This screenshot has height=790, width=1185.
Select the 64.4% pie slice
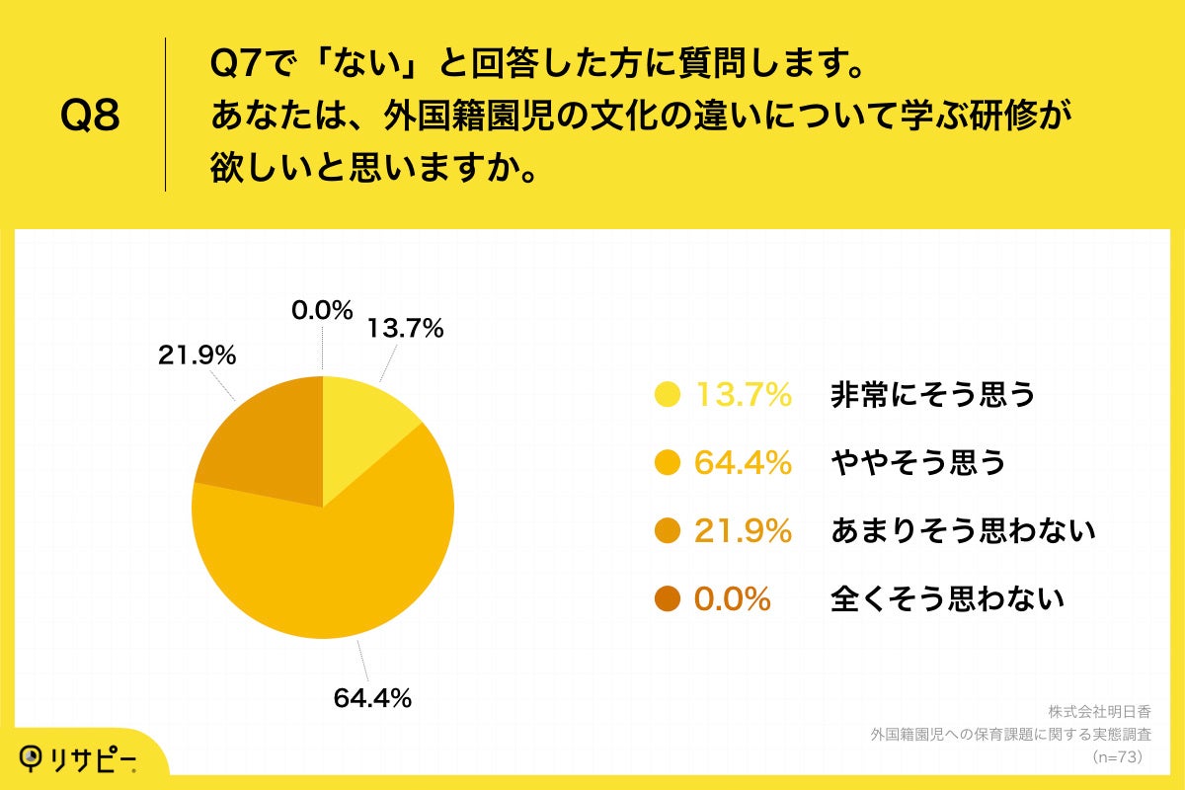coord(336,573)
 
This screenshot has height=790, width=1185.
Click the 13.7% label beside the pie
coord(405,329)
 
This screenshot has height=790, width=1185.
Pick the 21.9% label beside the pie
coord(197,356)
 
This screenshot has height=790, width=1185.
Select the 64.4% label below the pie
coord(371,698)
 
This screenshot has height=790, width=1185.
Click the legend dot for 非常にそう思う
coord(669,395)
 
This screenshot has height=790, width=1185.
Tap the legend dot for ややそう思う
coord(669,463)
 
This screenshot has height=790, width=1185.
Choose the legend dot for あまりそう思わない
coord(669,531)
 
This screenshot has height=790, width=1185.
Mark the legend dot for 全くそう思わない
coord(669,598)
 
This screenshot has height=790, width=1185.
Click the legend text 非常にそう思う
coord(933,395)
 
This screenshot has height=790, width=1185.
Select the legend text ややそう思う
coord(918,463)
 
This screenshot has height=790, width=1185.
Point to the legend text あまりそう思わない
coord(964,531)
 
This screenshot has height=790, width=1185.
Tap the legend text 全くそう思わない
coord(948,598)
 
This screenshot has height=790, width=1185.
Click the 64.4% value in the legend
coord(744,463)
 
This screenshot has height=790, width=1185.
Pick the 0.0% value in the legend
coord(732,598)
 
